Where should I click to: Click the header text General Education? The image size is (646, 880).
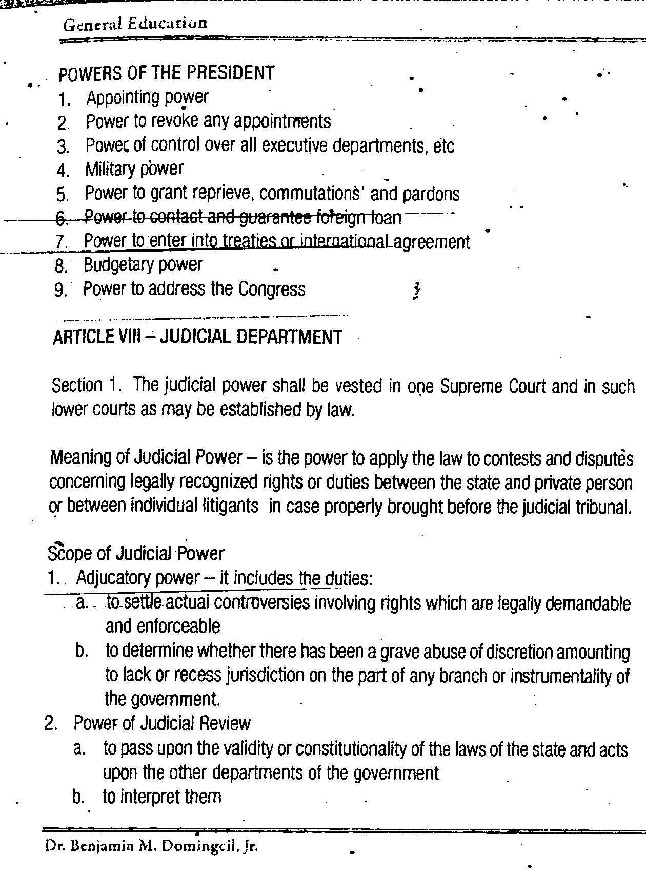135,24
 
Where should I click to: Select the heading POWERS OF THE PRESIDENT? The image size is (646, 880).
167,74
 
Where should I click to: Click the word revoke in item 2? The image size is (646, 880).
174,121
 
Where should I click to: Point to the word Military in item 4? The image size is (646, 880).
110,169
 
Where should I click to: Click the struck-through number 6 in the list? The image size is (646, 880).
62,219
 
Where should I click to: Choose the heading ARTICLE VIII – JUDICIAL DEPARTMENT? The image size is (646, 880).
197,337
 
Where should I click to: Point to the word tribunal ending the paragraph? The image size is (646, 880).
602,507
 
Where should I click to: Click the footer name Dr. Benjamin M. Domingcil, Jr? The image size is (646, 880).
151,846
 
